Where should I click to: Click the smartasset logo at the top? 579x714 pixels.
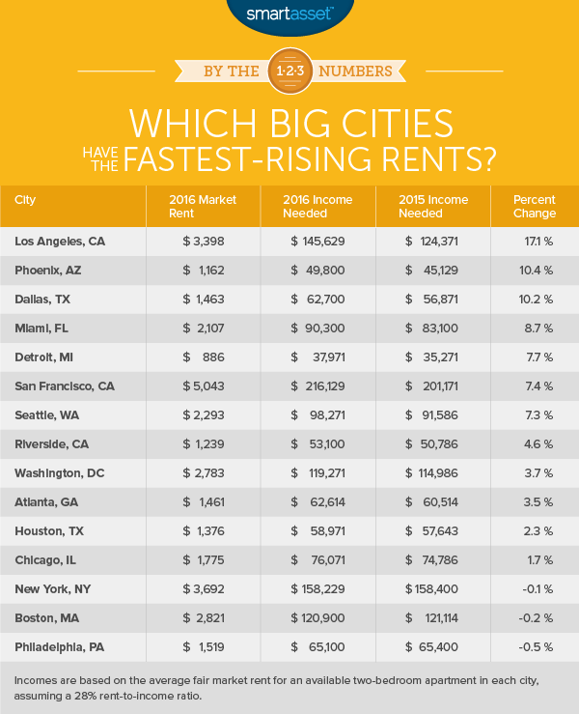289,14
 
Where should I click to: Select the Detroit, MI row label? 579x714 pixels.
47,357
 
